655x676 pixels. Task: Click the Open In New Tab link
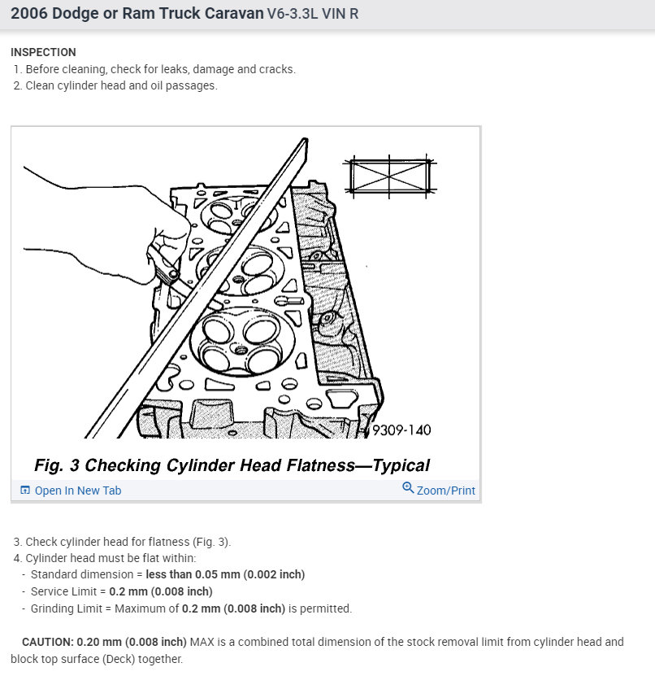[77, 491]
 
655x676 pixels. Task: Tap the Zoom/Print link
[445, 491]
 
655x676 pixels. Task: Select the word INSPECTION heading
[43, 52]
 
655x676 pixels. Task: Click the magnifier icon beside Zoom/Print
[408, 488]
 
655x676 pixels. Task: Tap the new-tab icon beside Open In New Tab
[25, 491]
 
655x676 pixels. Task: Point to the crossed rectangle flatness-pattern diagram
[389, 176]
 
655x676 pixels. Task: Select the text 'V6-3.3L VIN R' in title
[313, 15]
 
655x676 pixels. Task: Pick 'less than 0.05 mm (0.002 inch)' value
[225, 574]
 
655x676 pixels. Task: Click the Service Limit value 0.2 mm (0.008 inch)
[160, 591]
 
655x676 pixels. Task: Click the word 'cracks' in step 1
[276, 69]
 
